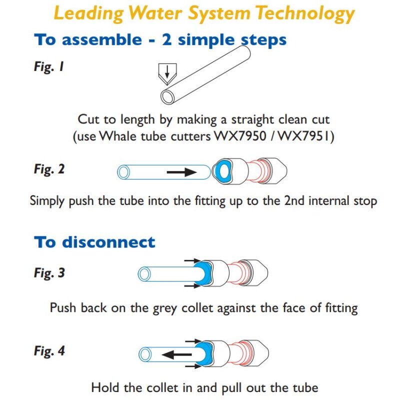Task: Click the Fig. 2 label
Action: pos(49,169)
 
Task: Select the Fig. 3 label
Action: pos(49,273)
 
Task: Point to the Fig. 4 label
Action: pos(49,351)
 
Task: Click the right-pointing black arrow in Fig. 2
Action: pos(181,172)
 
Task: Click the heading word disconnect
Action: pos(108,242)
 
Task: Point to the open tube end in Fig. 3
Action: pos(145,274)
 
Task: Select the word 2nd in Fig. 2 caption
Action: pos(285,201)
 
